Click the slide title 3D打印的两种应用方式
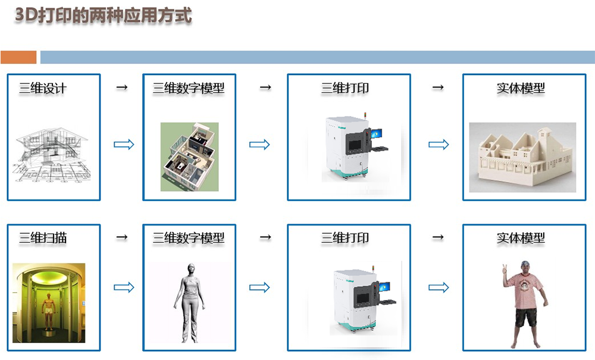(x=103, y=15)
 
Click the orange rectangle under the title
(x=18, y=57)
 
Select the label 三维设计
(x=43, y=89)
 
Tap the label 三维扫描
(x=43, y=238)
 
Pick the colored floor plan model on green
(x=189, y=156)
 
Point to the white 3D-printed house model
(x=522, y=157)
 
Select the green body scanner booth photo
(x=49, y=303)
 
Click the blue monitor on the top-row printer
(x=377, y=133)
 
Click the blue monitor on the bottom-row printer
(x=384, y=287)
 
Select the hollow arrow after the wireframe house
(x=124, y=145)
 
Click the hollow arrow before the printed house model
(x=439, y=145)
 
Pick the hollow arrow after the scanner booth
(x=124, y=287)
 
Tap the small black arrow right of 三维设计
(x=122, y=87)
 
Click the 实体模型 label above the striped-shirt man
(x=521, y=238)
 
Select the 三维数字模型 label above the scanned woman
(x=189, y=238)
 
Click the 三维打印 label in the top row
(x=345, y=89)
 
